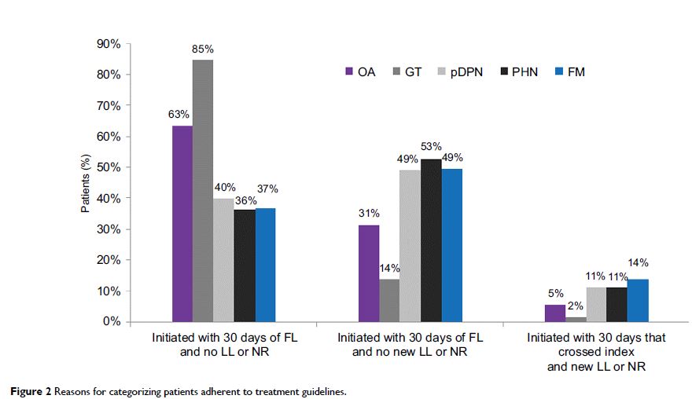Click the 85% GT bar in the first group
point(203,191)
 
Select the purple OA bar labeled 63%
point(182,224)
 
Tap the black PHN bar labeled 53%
point(431,240)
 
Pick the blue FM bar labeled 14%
point(638,301)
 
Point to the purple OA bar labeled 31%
point(369,273)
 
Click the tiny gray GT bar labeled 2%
point(576,319)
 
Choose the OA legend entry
point(360,72)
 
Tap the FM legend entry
point(569,72)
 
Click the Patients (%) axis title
point(87,182)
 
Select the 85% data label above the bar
point(203,49)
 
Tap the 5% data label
point(554,294)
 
